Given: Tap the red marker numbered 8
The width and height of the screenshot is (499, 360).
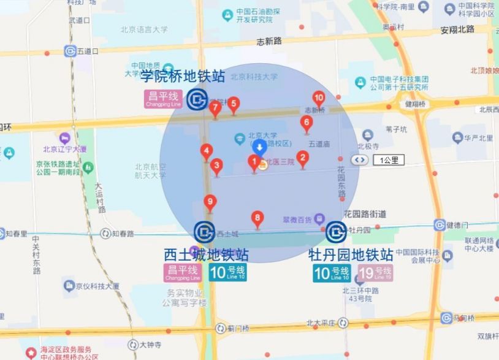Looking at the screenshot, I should click(x=257, y=218).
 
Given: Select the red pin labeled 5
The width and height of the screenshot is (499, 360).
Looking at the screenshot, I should click(x=233, y=104).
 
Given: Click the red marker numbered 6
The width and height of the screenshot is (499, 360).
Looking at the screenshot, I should click(x=307, y=123).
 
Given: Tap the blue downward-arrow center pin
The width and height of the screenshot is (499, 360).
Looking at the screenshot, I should click(x=260, y=147).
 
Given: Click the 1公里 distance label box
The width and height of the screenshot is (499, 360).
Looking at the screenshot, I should click(x=388, y=160).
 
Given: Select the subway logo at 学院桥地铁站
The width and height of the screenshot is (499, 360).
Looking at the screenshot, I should click(x=197, y=99).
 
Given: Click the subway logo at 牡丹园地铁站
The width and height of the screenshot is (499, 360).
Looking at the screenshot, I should click(x=335, y=232).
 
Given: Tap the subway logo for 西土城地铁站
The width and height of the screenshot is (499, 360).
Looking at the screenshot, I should click(x=204, y=232).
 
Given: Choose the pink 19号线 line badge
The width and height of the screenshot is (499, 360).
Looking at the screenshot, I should click(x=375, y=273).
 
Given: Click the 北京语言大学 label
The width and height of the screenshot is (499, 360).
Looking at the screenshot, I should click(x=143, y=28).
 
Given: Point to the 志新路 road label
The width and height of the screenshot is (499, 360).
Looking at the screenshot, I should click(x=269, y=41).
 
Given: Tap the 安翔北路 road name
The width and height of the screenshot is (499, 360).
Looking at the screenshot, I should click(x=457, y=29).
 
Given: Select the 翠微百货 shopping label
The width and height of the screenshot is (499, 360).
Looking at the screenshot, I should click(x=297, y=219).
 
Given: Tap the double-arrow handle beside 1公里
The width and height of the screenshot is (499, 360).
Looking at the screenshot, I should click(x=359, y=160).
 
